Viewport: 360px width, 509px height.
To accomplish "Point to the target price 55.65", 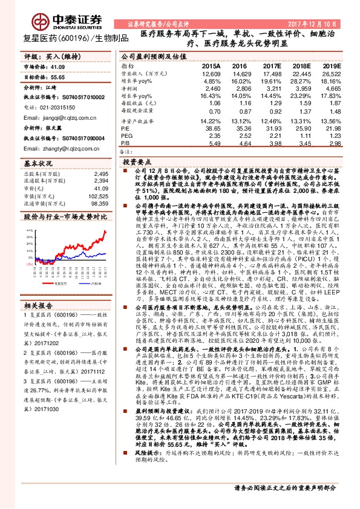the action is (x=58, y=78).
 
